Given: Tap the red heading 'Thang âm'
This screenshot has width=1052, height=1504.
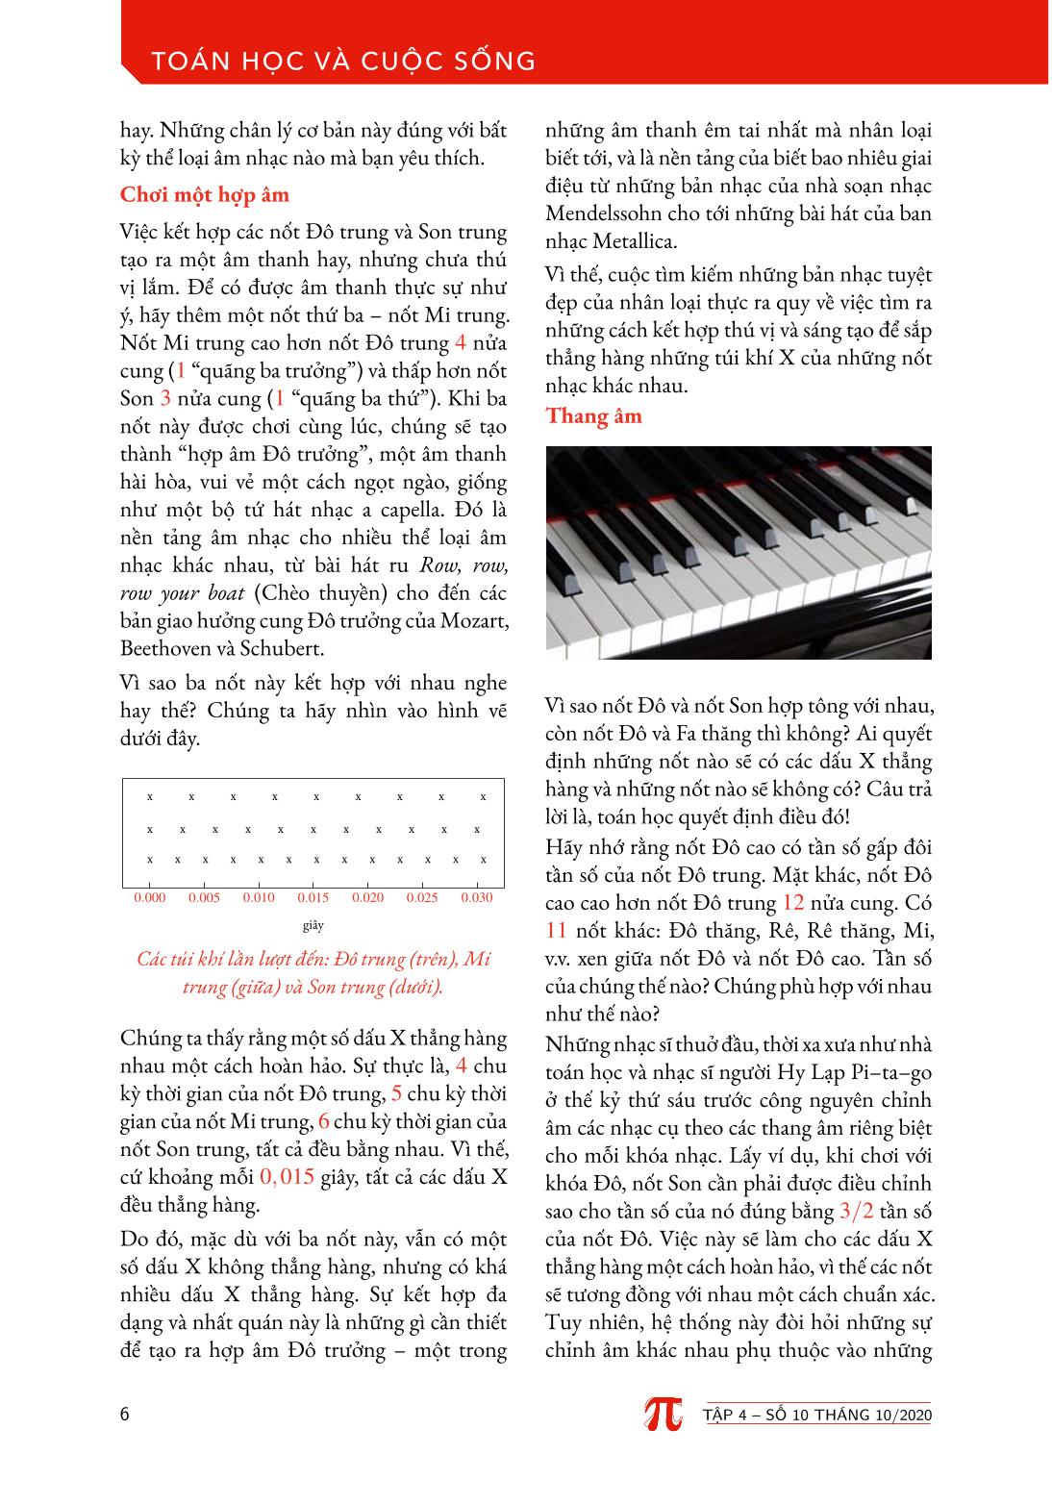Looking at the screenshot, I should [x=593, y=416].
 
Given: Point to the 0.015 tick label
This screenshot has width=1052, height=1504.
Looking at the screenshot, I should [x=313, y=898].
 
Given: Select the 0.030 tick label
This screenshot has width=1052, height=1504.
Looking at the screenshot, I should [x=476, y=898].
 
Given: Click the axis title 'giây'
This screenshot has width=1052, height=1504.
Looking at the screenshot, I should [x=313, y=926].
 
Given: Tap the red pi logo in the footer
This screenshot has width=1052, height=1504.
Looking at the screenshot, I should [x=663, y=1413].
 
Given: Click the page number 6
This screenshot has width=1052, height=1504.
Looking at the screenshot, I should [x=125, y=1415].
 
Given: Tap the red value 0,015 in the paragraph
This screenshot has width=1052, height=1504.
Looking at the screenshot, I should [x=288, y=1177].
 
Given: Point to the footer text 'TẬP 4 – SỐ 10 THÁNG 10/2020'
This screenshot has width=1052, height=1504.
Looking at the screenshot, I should [x=817, y=1415].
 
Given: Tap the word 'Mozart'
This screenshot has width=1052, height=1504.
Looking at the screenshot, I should [x=475, y=620].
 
